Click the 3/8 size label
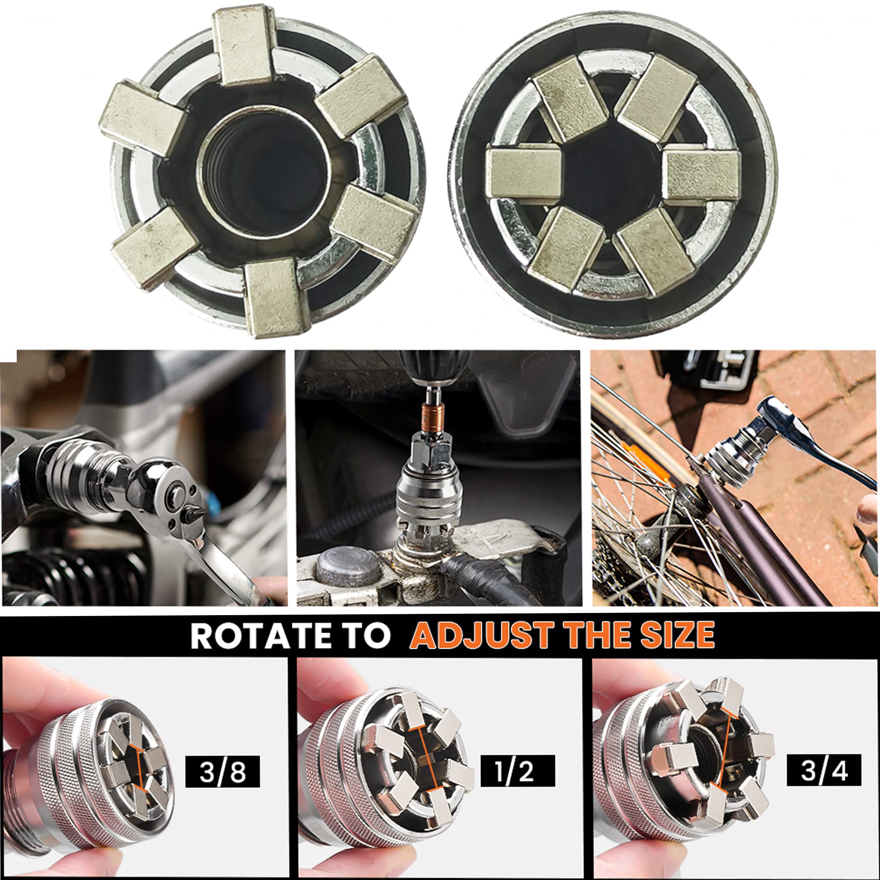click(x=222, y=771)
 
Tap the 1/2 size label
click(x=518, y=771)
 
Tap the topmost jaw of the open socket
click(x=245, y=46)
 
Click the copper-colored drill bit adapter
click(x=431, y=417)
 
